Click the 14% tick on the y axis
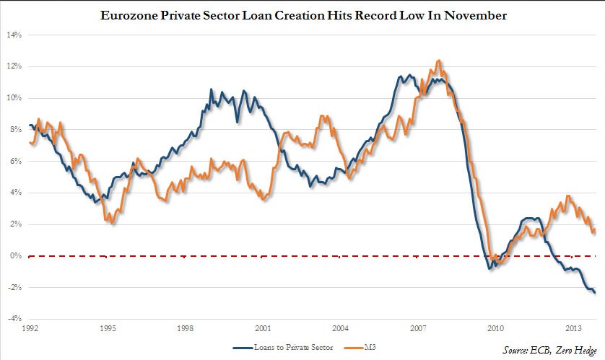pyautogui.click(x=14, y=35)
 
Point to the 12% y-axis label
pyautogui.click(x=14, y=66)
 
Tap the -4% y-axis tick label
pyautogui.click(x=14, y=319)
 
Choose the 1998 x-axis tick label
pyautogui.click(x=185, y=328)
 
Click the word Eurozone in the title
pyautogui.click(x=136, y=15)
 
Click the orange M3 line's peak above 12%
pyautogui.click(x=439, y=61)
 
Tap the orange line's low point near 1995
pyautogui.click(x=113, y=224)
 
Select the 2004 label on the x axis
pyautogui.click(x=341, y=328)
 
